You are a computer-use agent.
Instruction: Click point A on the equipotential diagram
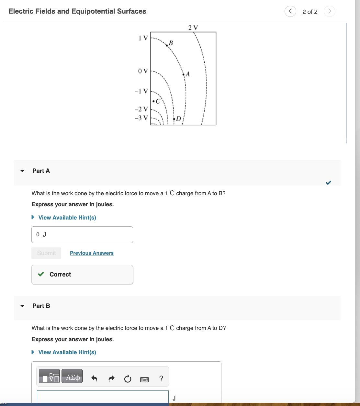coord(184,74)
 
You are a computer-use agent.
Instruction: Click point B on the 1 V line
coord(167,45)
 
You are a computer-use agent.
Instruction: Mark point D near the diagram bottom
coord(174,119)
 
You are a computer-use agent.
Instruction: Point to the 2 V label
coord(193,28)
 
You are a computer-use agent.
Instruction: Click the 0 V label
coord(142,71)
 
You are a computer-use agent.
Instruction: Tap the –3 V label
coord(141,118)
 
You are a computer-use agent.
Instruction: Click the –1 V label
coord(141,91)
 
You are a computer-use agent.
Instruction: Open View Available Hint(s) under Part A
coord(67,218)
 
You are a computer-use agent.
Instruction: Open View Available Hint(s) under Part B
coord(67,352)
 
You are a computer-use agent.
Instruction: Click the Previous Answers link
coord(92,253)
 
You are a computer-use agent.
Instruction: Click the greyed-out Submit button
coord(46,253)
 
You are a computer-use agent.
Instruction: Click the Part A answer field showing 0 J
coord(82,235)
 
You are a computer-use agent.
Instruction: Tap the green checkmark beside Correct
coord(41,274)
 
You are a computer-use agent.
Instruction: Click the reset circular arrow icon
coord(128,378)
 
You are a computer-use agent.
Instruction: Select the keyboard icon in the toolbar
coord(144,379)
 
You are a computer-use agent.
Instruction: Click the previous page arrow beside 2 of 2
coord(290,11)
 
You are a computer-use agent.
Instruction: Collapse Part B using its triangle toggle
coord(22,306)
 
